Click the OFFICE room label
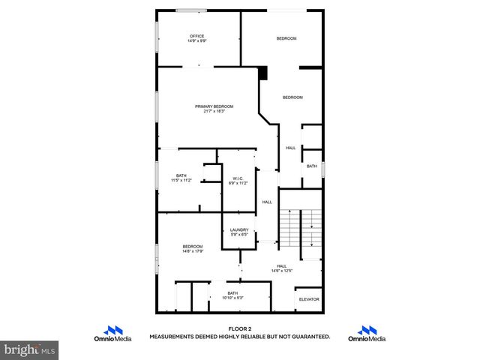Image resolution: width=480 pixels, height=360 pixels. pyautogui.click(x=196, y=36)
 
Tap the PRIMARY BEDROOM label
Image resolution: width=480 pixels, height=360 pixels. pyautogui.click(x=214, y=106)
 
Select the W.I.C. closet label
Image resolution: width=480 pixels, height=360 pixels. pyautogui.click(x=237, y=178)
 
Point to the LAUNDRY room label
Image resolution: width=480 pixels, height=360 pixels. pyautogui.click(x=238, y=230)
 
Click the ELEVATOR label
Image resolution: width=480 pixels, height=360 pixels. pyautogui.click(x=309, y=299)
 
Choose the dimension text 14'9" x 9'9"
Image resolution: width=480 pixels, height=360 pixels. pyautogui.click(x=196, y=41)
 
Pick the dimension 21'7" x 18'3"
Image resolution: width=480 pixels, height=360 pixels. pyautogui.click(x=214, y=112)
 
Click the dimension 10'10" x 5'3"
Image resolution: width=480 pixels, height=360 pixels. pyautogui.click(x=232, y=298)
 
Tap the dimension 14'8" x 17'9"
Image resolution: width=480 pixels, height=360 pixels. pyautogui.click(x=193, y=251)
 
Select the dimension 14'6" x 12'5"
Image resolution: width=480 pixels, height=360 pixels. pyautogui.click(x=282, y=271)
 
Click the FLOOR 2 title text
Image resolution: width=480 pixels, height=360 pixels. pyautogui.click(x=239, y=328)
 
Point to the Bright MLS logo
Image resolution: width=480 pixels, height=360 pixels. pyautogui.click(x=29, y=349)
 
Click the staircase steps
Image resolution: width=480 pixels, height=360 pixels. pyautogui.click(x=289, y=229)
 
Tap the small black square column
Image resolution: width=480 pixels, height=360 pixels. pyautogui.click(x=263, y=72)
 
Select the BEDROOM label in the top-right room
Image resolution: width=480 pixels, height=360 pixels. pyautogui.click(x=286, y=38)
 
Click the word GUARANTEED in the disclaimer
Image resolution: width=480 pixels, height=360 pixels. pyautogui.click(x=311, y=337)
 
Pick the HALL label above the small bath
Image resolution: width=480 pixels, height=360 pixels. pyautogui.click(x=291, y=148)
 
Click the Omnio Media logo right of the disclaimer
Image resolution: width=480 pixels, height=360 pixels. pyautogui.click(x=367, y=334)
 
